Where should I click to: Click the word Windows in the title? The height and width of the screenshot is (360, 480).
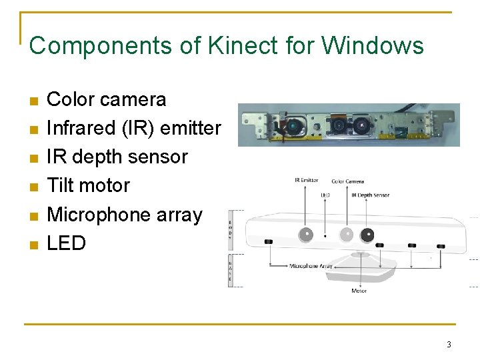[x=373, y=46]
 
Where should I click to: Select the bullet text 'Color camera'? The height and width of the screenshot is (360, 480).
[x=107, y=99]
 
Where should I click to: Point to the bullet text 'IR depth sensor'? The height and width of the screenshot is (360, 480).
[x=117, y=157]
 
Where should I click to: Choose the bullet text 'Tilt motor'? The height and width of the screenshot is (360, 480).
[x=88, y=185]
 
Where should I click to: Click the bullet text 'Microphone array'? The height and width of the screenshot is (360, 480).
[x=124, y=215]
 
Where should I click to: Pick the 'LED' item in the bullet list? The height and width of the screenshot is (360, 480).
[x=66, y=243]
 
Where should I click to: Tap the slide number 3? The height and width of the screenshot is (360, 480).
[x=449, y=345]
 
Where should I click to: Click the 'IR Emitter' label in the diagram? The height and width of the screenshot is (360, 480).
[x=306, y=180]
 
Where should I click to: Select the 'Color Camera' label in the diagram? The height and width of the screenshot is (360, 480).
[x=347, y=181]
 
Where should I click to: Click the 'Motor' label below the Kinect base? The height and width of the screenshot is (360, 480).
[x=359, y=291]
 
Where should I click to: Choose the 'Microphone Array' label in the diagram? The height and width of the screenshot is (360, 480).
[x=311, y=266]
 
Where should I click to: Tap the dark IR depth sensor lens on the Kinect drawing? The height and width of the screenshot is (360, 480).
[x=367, y=235]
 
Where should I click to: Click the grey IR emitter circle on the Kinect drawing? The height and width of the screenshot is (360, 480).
[x=306, y=234]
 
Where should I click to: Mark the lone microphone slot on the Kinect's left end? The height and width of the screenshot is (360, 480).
[x=269, y=241]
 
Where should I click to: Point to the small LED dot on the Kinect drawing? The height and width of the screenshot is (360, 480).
[x=325, y=235]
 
